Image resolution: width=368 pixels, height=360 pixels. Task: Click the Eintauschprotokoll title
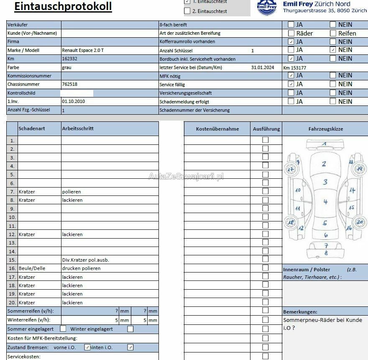pos(63,6)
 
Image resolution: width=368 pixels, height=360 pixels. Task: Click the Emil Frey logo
pos(267,7)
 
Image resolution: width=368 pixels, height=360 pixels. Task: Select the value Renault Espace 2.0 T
pos(83,50)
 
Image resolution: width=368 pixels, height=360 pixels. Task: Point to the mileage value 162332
pos(69,59)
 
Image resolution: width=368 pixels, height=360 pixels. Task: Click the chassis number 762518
pos(69,85)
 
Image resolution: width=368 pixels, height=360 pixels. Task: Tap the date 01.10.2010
pos(74,102)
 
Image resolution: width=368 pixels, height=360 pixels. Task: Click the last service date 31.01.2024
pos(263,67)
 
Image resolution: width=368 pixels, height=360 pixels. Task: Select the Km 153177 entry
pos(294,68)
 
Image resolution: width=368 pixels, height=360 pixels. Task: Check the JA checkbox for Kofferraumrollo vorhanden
pos(291,42)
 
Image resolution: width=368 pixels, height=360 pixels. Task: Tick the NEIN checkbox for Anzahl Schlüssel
pos(333,50)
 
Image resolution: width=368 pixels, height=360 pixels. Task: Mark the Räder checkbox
pos(291,33)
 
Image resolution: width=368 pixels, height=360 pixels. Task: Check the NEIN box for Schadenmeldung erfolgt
pos(333,101)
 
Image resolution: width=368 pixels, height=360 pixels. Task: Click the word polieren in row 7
pos(72,192)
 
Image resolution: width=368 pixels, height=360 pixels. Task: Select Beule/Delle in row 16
pos(32,268)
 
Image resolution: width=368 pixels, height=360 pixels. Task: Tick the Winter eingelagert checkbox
pos(130,329)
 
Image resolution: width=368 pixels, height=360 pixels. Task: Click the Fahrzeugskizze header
pos(325,129)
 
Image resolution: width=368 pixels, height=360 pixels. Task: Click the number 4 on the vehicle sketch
pos(325,202)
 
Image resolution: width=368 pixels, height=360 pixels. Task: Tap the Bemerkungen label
pos(300,312)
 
